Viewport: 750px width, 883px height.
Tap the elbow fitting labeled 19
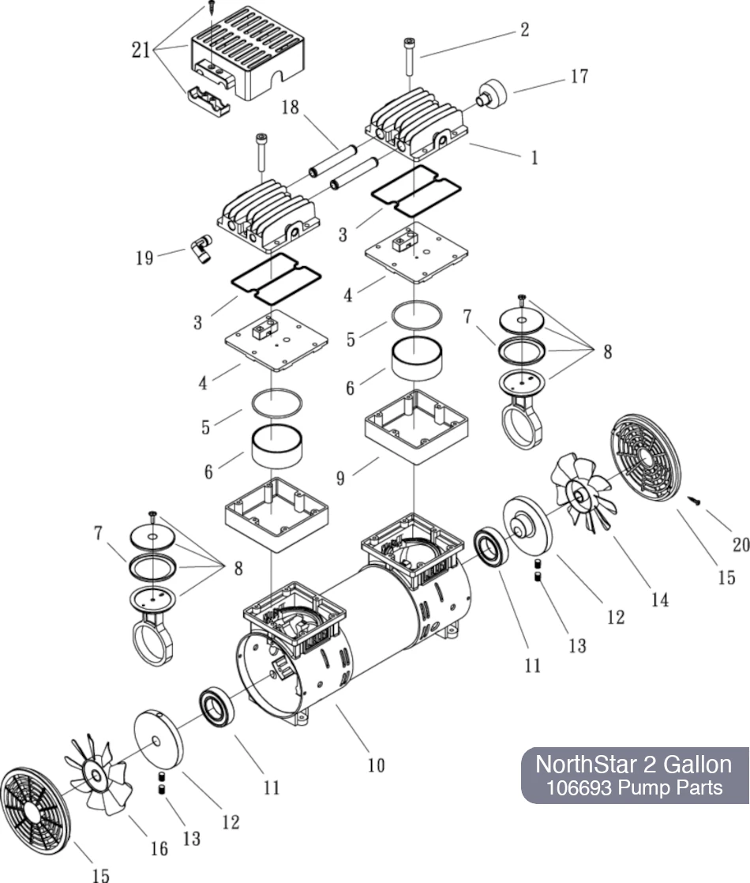click(199, 250)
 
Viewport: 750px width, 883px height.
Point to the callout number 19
click(144, 257)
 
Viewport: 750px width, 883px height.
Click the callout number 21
click(141, 50)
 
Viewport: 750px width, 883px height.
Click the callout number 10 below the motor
click(376, 765)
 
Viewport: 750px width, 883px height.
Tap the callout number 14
click(659, 599)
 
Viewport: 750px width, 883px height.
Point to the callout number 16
click(159, 847)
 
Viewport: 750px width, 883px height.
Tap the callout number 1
click(534, 157)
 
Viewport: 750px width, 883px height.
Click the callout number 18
click(291, 107)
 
